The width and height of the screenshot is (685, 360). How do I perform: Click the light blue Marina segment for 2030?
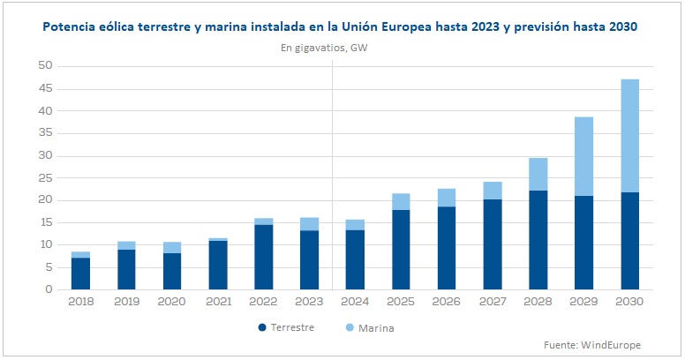(x=629, y=136)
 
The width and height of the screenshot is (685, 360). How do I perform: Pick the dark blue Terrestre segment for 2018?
(x=80, y=274)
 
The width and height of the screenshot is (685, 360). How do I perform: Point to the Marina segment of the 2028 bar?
(x=538, y=174)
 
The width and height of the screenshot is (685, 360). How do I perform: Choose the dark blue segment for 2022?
(x=263, y=257)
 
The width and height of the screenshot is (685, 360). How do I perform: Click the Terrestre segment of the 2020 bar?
(x=172, y=271)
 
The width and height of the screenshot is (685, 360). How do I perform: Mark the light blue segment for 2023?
(x=309, y=224)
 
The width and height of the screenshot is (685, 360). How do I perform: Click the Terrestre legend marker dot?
(x=262, y=327)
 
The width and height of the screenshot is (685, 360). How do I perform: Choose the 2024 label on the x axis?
(x=355, y=303)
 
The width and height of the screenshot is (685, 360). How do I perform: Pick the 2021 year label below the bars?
(x=218, y=303)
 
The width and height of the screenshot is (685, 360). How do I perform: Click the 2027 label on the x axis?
(x=493, y=303)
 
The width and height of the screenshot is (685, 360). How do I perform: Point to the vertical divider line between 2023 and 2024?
(x=332, y=176)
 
